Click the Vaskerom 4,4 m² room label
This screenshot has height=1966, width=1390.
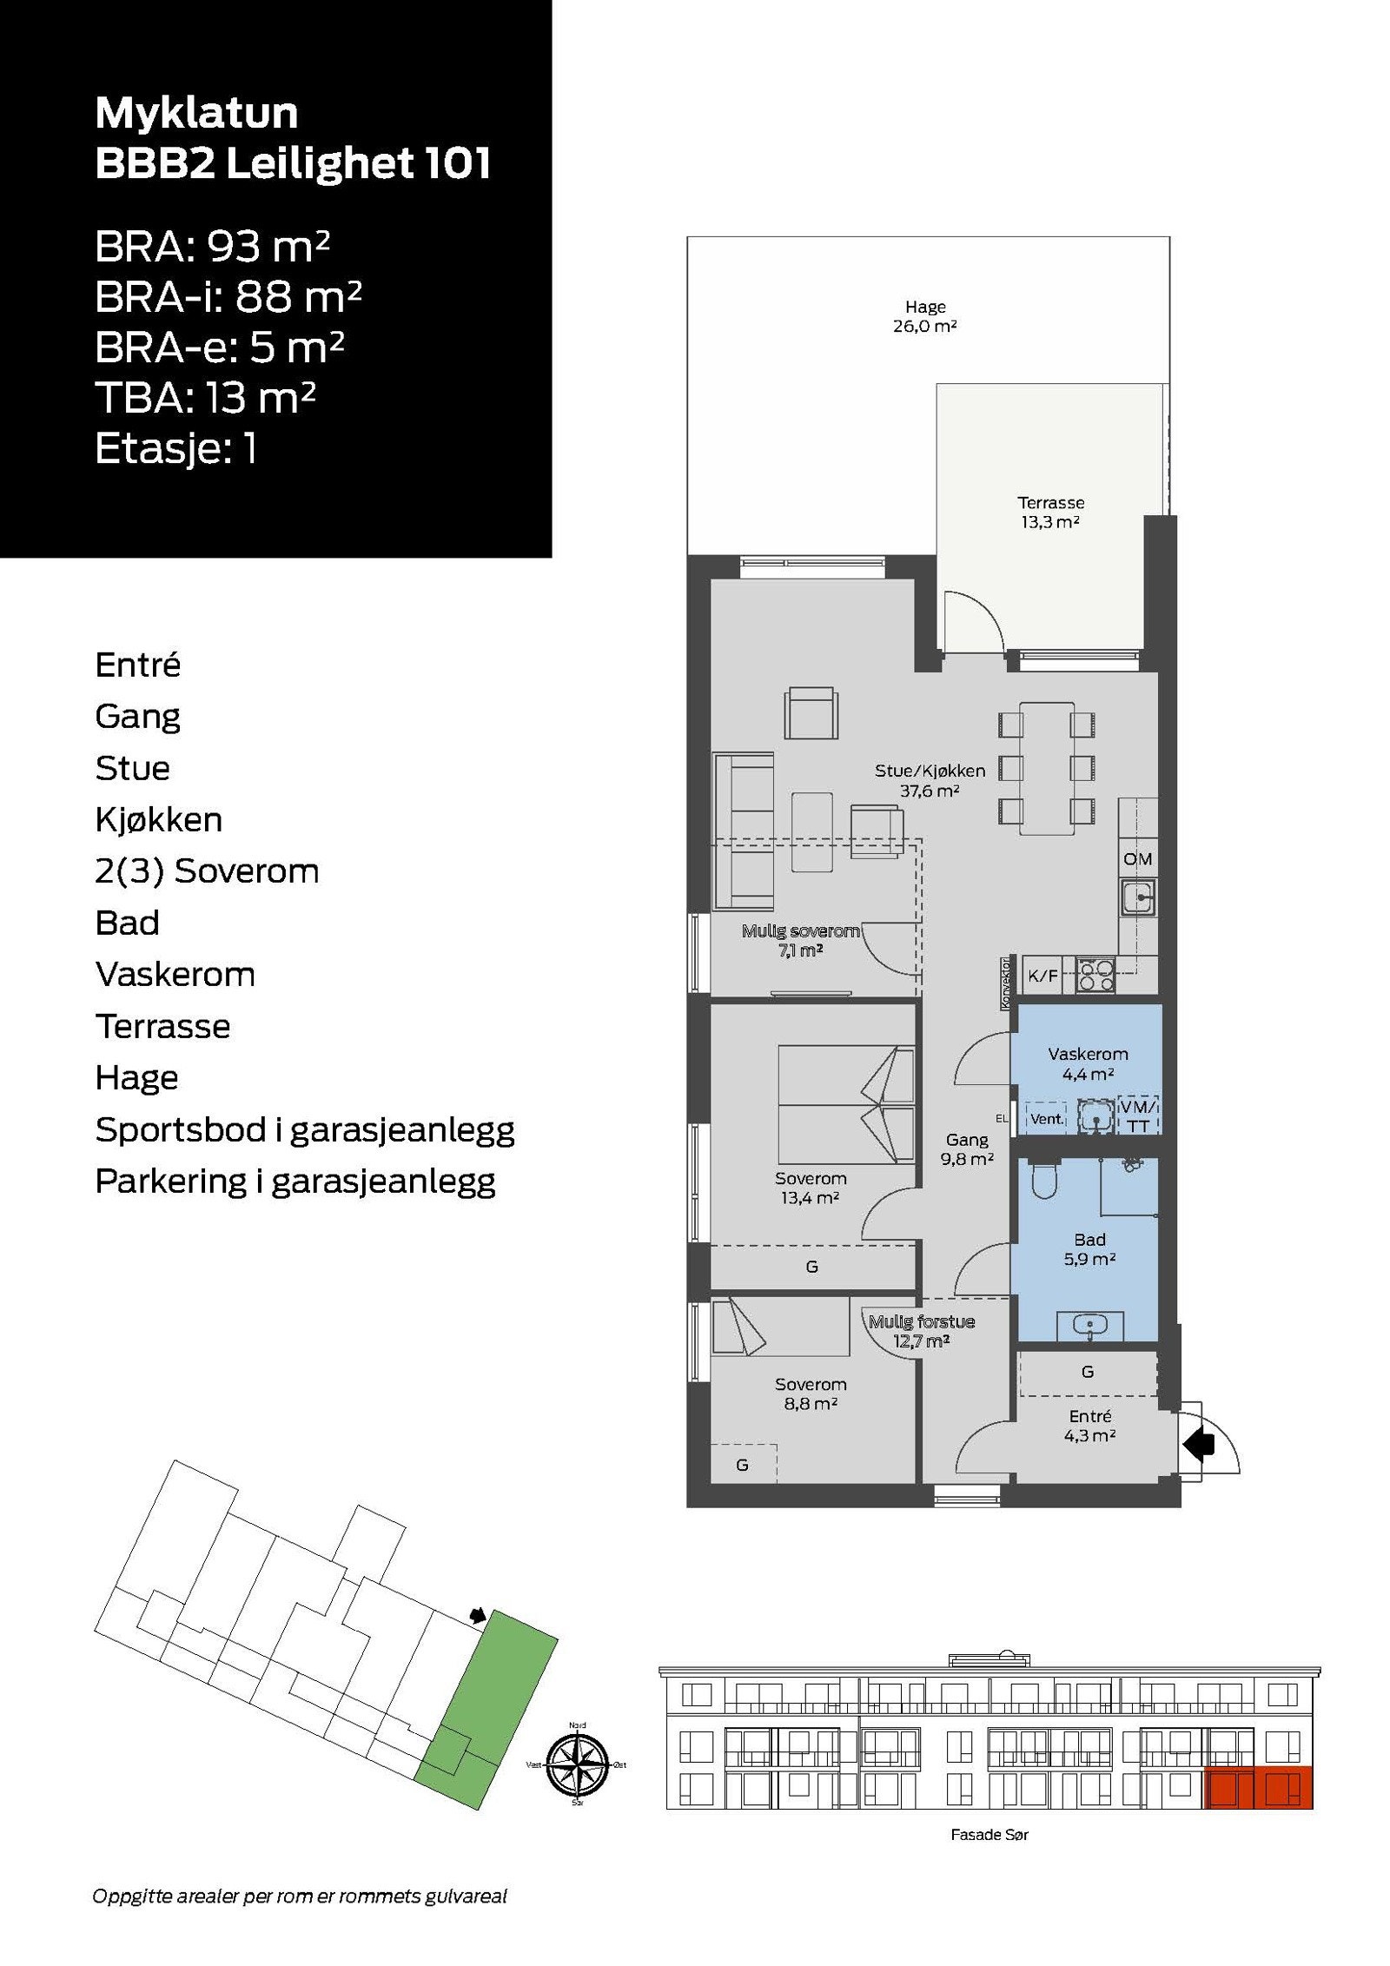1087,1063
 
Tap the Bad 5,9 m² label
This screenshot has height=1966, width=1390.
1089,1248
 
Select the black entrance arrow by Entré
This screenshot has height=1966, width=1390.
1199,1445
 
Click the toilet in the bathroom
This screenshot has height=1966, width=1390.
1042,1180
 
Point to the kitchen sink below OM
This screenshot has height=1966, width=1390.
1137,897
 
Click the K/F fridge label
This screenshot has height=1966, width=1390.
1042,976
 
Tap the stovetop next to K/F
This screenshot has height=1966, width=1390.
1095,975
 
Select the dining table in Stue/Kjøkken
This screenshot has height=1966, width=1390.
1047,769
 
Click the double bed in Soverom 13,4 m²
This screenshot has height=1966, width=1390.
844,1104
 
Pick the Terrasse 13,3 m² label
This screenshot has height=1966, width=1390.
1050,512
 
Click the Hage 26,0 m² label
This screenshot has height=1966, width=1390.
924,316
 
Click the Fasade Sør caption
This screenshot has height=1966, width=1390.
989,1834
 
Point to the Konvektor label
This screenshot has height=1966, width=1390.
1005,983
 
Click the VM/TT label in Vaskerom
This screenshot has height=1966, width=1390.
1138,1116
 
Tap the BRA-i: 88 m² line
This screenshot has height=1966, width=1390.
228,297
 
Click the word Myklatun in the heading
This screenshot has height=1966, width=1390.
196,113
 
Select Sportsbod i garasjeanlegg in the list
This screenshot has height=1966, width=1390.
304,1129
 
